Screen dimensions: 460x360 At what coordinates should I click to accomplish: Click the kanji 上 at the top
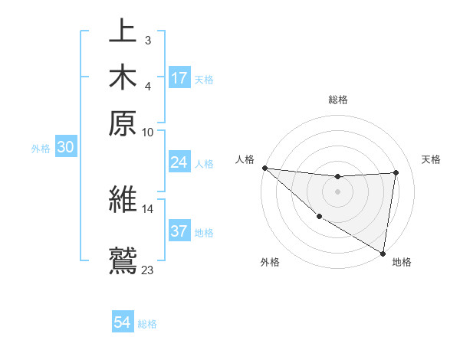(123, 34)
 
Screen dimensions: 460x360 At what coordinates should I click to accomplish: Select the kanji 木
(123, 77)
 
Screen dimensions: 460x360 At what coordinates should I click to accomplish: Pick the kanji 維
(123, 199)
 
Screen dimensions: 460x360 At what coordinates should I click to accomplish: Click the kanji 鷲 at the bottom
(123, 258)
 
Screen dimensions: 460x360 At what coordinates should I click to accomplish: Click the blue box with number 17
(179, 78)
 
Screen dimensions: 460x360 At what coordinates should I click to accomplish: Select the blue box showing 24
(179, 162)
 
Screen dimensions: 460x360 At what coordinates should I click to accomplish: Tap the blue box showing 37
(179, 232)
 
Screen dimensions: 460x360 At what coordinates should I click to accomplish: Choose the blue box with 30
(65, 148)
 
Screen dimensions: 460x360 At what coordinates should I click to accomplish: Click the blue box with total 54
(123, 322)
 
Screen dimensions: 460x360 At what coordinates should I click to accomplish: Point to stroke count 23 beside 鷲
(148, 270)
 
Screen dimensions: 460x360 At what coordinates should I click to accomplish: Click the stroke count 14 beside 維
(148, 208)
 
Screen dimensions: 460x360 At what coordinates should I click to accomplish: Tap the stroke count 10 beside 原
(148, 132)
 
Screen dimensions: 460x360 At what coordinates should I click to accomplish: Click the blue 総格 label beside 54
(147, 324)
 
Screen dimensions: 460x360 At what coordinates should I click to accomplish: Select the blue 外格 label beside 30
(41, 149)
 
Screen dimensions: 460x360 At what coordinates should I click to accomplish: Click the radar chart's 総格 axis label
(338, 100)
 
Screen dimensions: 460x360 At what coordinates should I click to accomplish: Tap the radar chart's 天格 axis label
(432, 159)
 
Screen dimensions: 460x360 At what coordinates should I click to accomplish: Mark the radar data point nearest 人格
(264, 168)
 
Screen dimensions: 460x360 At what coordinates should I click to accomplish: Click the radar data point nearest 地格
(383, 253)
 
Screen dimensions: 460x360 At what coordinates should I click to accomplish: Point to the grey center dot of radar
(337, 191)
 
